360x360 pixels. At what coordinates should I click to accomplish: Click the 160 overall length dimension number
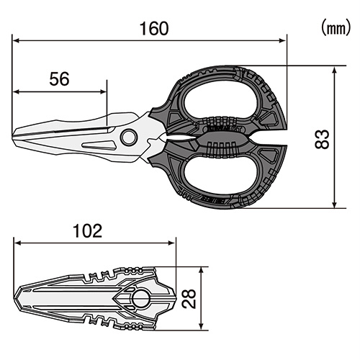coord(154,29)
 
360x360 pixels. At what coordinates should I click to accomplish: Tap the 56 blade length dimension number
coord(59,79)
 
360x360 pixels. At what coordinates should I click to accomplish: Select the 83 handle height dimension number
coord(322,139)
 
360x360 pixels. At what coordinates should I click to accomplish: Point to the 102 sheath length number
coord(87,231)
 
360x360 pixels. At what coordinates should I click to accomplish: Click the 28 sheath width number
coord(189,299)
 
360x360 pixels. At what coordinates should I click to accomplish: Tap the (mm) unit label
coord(336,28)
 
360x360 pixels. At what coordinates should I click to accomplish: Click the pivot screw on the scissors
coord(129,138)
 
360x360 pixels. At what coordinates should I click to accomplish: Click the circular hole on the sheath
coord(141,299)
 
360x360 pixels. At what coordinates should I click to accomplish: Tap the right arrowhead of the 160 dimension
coord(282,41)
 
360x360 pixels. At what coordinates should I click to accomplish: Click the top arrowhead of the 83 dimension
coord(334,70)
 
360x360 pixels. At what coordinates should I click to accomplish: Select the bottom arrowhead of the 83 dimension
coord(334,204)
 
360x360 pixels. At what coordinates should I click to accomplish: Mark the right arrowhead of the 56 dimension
coord(103,91)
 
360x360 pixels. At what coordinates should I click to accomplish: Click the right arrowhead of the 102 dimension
coord(172,243)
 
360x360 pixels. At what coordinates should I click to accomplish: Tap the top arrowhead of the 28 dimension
coord(202,271)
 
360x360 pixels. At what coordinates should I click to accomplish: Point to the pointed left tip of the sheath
coord(15,299)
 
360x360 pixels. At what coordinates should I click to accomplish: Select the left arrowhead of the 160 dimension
coord(17,41)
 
